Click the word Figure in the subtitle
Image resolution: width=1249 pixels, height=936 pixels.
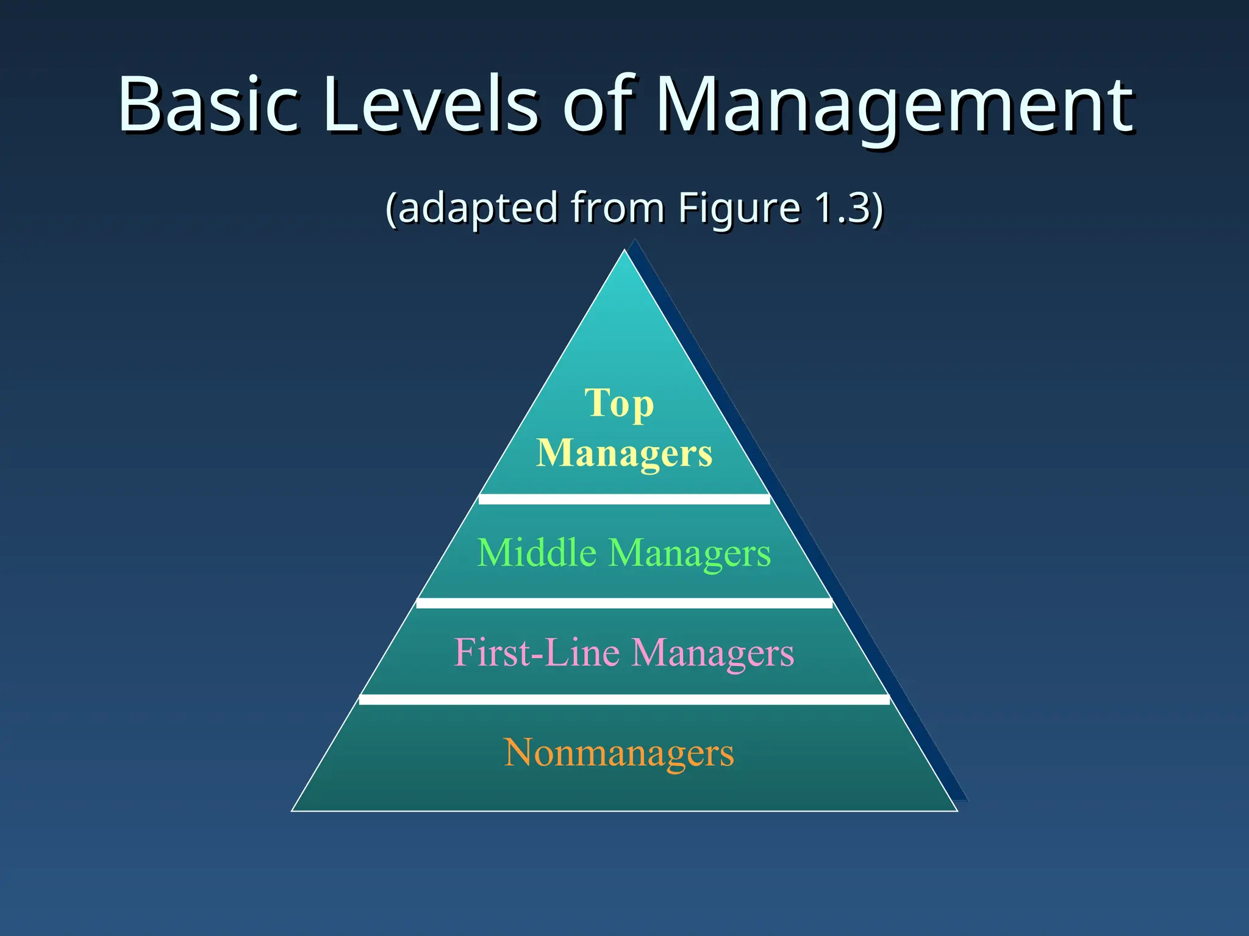click(x=739, y=208)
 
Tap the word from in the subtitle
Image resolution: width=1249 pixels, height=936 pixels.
click(x=617, y=208)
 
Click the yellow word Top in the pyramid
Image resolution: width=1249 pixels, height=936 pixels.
click(x=619, y=404)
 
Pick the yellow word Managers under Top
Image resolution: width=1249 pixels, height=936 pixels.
click(x=624, y=453)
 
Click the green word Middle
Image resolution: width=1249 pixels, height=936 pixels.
click(x=537, y=553)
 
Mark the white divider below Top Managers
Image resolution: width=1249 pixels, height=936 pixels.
click(x=624, y=500)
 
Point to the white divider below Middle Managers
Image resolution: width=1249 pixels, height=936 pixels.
click(x=624, y=603)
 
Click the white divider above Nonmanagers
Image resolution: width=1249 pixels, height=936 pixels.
click(x=624, y=700)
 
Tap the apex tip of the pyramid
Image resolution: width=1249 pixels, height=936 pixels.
click(x=624, y=252)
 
